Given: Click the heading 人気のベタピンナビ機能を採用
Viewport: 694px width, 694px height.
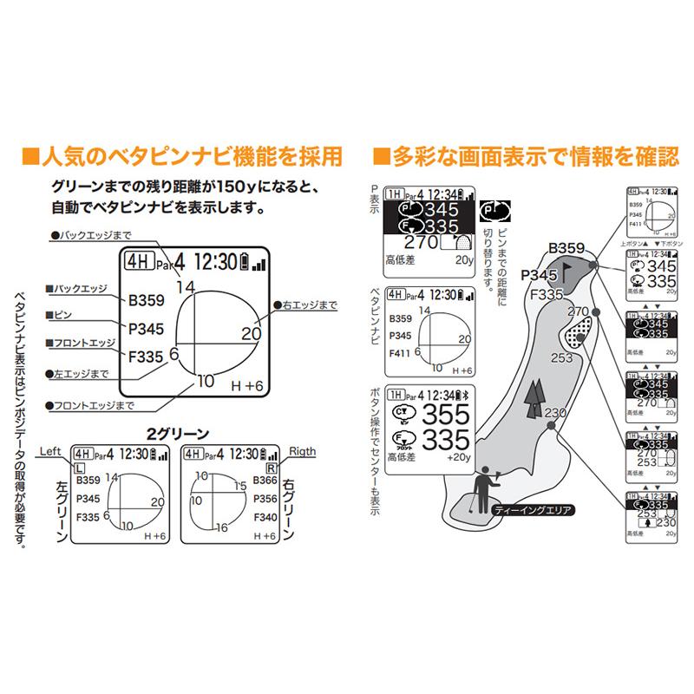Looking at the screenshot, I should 181,156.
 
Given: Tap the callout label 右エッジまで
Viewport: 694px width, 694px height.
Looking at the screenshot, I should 305,304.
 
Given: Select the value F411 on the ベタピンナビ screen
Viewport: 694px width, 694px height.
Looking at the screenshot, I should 400,353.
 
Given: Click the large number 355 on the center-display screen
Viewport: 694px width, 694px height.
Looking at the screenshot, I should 448,413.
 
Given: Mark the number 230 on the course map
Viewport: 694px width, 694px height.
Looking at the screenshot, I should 555,413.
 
